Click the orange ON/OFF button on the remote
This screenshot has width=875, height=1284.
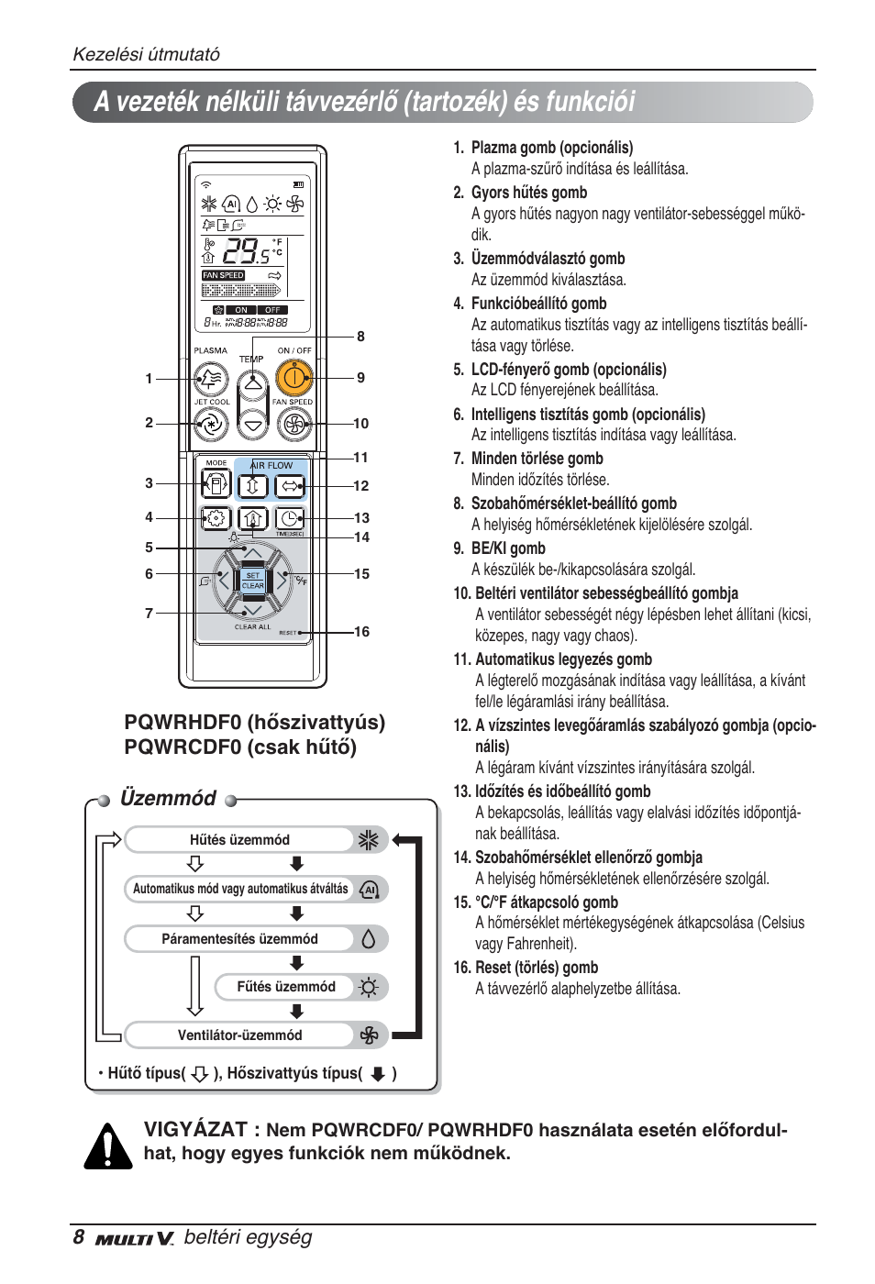coord(294,377)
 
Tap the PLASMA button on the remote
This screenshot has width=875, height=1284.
coord(211,377)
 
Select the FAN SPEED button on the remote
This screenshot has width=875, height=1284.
coord(294,424)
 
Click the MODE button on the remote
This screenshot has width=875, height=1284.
coord(216,483)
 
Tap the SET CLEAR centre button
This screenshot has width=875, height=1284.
coord(252,581)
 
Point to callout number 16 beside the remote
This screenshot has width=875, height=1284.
coord(361,632)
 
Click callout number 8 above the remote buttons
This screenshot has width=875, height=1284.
coord(360,337)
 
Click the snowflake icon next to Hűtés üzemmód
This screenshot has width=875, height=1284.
coord(368,840)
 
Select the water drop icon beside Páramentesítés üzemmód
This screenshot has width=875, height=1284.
coord(369,939)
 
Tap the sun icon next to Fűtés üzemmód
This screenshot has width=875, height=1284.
coord(369,988)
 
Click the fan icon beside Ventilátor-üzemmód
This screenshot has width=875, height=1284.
coord(369,1035)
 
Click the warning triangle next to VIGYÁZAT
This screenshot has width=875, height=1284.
coord(108,1146)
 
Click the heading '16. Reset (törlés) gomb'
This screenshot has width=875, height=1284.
coord(525,968)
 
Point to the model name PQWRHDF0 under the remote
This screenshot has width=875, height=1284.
coord(183,723)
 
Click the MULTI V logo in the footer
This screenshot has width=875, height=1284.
coord(134,1239)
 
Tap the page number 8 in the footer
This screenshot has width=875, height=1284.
coord(79,1237)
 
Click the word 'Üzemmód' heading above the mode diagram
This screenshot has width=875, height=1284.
coord(168,798)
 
